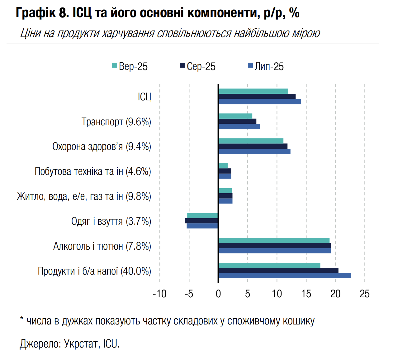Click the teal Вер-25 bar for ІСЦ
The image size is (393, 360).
click(253, 91)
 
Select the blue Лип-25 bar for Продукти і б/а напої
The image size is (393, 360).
click(284, 276)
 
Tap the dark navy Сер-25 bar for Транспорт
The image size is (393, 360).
click(237, 121)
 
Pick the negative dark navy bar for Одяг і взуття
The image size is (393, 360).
click(201, 221)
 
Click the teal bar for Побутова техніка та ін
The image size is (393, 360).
click(223, 166)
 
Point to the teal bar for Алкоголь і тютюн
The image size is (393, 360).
click(274, 241)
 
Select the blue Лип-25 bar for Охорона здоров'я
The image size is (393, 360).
click(254, 151)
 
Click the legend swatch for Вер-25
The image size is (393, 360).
click(114, 65)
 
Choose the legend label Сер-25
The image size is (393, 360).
click(201, 66)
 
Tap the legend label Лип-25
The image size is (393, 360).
click(269, 66)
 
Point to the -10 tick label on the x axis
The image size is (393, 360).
click(159, 294)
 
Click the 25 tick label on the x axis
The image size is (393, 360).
click(365, 294)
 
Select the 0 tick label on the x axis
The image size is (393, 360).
click(218, 294)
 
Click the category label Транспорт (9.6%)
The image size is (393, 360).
click(116, 122)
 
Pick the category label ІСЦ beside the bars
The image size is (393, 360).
click(144, 97)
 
